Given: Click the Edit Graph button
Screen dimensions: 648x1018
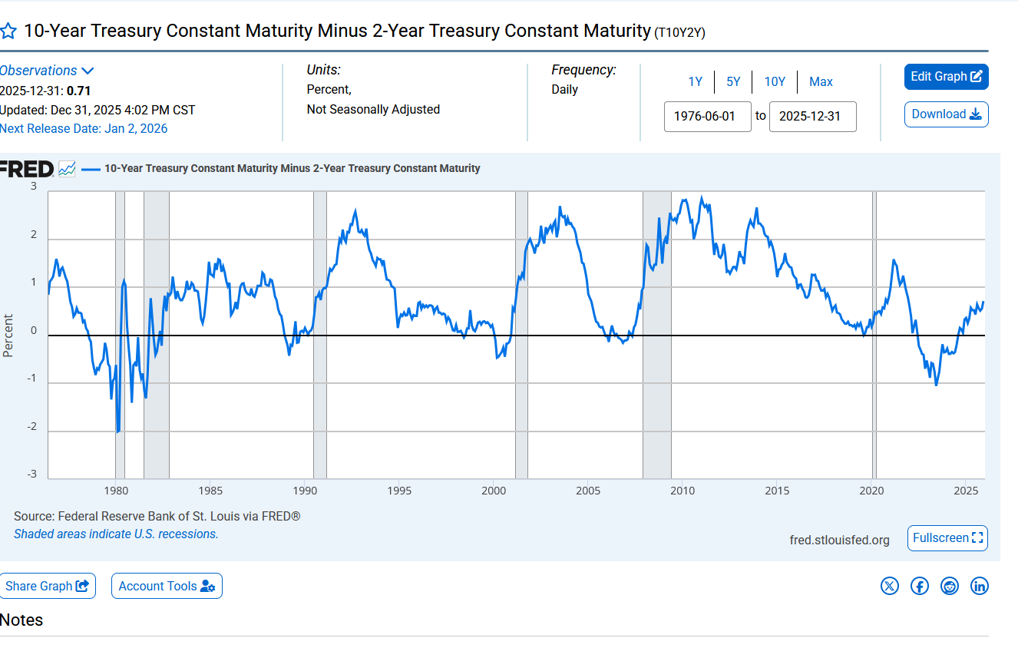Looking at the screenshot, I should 946,77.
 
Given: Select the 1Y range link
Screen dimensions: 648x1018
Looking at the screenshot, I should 695,82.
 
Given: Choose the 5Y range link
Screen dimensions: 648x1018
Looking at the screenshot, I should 733,82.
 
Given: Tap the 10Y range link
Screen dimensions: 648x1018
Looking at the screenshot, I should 775,82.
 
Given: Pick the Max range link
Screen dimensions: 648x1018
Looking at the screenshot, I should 821,82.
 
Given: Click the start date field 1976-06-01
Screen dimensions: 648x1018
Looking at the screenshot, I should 707,117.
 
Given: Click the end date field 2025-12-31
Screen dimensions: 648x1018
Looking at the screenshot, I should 812,117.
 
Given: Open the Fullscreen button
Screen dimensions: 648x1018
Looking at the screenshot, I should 947,538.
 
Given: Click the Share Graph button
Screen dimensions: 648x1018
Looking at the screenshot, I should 48,586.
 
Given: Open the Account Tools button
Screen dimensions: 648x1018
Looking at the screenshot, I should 167,586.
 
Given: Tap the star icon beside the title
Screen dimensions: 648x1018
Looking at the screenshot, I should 8,31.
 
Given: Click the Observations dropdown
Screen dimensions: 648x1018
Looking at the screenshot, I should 46,71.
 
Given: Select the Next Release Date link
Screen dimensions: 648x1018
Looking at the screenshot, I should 84,129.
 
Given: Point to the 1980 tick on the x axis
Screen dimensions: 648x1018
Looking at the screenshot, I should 115,491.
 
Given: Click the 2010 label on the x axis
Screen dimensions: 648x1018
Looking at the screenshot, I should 683,491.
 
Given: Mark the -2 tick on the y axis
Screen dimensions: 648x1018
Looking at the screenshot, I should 33,427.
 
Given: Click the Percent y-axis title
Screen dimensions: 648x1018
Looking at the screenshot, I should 8,336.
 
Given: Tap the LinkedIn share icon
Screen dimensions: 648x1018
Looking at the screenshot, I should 980,586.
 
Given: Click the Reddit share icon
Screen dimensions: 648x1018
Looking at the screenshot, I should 950,586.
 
